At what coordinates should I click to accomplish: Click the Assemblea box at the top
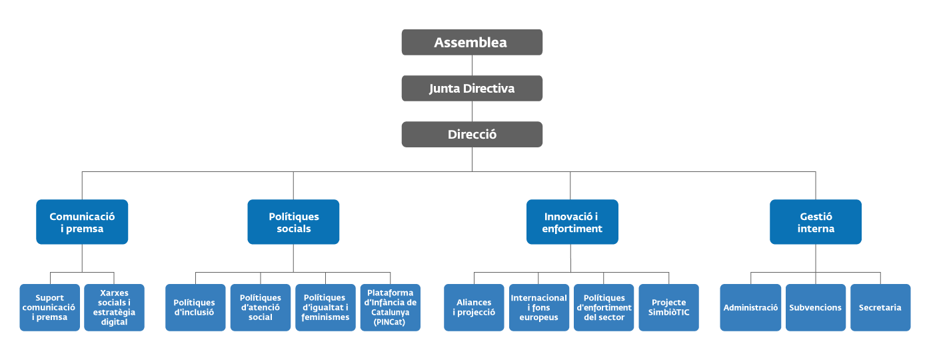[472, 43]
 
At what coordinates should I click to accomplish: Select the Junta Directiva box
[472, 88]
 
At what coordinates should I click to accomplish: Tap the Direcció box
[472, 134]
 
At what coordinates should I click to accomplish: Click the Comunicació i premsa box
[82, 222]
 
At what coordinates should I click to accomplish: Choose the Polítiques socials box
[293, 222]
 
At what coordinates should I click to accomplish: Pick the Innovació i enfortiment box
[572, 222]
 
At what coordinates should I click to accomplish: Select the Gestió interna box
[816, 222]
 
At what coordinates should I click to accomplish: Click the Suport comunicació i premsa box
[50, 307]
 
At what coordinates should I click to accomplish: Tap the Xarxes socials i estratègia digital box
[114, 307]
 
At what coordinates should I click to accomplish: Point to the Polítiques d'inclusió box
[195, 307]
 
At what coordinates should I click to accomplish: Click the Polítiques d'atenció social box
[260, 307]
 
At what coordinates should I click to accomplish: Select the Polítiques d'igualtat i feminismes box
[325, 307]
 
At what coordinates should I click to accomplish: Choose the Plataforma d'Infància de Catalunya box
[391, 307]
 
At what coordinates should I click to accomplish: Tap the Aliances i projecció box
[474, 307]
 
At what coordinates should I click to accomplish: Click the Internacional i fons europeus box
[538, 307]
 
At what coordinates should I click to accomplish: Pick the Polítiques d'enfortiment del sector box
[604, 307]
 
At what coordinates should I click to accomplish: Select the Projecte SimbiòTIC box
[668, 307]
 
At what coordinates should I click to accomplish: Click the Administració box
[750, 307]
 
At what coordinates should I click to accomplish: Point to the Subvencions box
[816, 307]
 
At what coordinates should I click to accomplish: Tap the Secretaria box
[880, 307]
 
